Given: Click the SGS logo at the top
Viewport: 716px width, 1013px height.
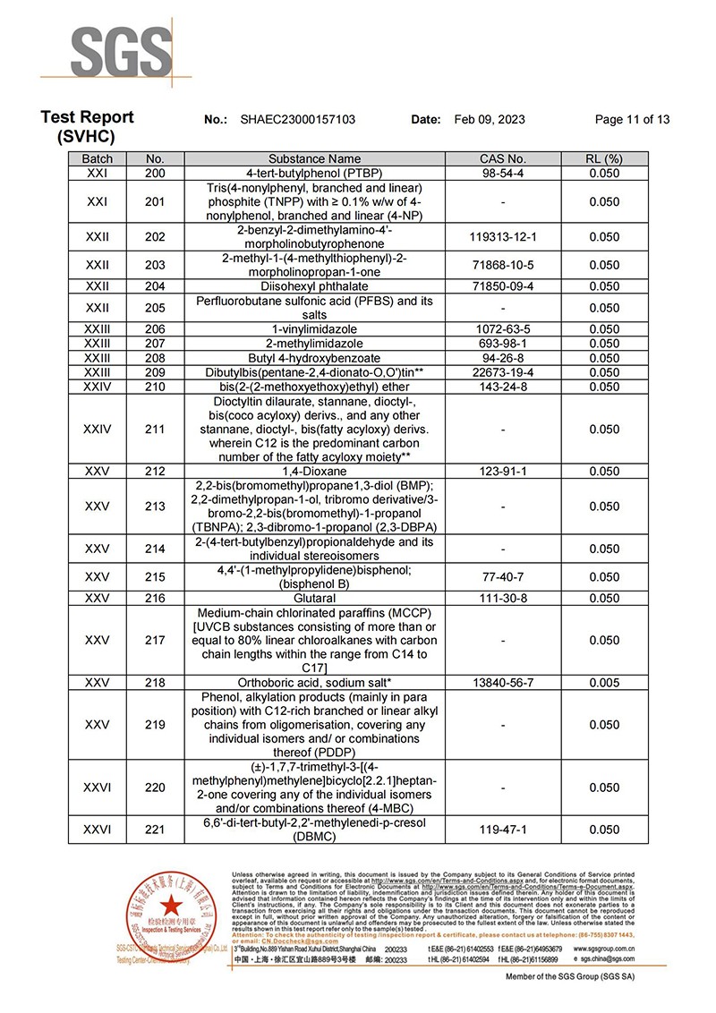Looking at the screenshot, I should tap(122, 54).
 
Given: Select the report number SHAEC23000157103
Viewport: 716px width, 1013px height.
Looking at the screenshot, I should tap(298, 120).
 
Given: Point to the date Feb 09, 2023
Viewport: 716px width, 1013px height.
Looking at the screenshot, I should tap(490, 120).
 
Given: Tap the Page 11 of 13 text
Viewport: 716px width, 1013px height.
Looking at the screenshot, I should tap(632, 120).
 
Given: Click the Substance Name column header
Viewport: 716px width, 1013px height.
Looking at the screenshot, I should tap(314, 159).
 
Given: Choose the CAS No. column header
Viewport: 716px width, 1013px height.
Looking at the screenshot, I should tap(502, 159).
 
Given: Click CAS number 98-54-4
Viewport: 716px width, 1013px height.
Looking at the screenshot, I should tap(502, 172).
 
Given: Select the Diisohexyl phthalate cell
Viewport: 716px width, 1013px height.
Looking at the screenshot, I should tap(314, 286).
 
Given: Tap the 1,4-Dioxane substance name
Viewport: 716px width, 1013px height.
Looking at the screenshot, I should tap(314, 472).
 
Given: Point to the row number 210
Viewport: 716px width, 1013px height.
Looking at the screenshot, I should tap(155, 386).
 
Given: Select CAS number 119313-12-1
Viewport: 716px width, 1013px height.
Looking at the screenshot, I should tap(502, 237).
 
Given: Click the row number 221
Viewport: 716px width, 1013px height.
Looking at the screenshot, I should tap(155, 830).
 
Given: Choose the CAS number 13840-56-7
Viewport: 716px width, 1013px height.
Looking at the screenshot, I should tap(502, 683).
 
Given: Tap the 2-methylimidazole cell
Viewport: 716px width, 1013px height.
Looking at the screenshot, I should tap(314, 344).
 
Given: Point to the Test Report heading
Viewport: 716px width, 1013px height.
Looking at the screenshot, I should tap(87, 117).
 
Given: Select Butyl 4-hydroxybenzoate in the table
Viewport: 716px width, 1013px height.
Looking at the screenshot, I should tap(314, 358).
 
